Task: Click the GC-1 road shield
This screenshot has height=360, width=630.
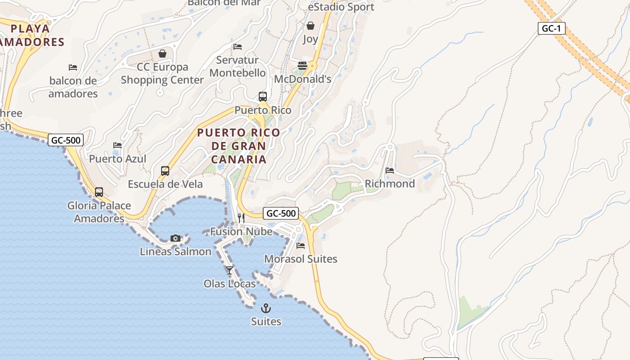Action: (x=551, y=28)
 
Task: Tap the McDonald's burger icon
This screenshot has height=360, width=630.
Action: (x=302, y=66)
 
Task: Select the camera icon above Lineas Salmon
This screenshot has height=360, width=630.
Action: (x=175, y=238)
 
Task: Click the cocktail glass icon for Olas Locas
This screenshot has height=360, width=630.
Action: (x=229, y=270)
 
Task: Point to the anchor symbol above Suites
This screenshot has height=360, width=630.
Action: (x=266, y=308)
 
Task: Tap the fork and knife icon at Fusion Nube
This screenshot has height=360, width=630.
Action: (x=241, y=218)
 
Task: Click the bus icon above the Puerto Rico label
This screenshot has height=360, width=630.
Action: (x=263, y=96)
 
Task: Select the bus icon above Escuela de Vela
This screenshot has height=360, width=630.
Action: (x=165, y=171)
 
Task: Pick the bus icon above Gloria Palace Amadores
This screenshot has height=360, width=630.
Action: (x=99, y=192)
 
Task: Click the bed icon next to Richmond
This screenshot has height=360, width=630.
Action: (x=390, y=171)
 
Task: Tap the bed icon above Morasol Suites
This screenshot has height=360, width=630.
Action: (x=301, y=246)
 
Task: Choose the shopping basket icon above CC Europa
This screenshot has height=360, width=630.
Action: (x=162, y=54)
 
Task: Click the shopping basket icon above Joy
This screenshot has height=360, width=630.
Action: (x=310, y=26)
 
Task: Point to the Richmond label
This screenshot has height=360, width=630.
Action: (x=390, y=184)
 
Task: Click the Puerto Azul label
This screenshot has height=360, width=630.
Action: (x=117, y=159)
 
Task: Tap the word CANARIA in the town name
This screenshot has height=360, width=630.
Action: (x=238, y=159)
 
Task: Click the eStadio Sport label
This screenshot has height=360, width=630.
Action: (x=341, y=7)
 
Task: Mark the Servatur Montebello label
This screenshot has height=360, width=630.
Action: (x=238, y=66)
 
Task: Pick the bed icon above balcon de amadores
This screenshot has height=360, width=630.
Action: (x=73, y=67)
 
